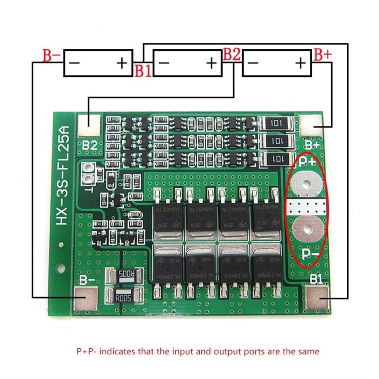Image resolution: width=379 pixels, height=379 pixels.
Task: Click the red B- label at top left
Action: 51,56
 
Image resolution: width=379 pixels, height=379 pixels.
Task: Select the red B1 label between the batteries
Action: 143,71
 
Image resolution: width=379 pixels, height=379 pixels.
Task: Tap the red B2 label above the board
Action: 232,54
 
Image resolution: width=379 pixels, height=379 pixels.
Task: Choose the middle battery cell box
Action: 189,63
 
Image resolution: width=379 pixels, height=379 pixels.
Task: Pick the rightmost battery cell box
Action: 276,63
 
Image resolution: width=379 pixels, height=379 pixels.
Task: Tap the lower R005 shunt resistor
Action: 125,298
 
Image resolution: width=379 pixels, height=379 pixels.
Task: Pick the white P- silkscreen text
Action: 312,256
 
